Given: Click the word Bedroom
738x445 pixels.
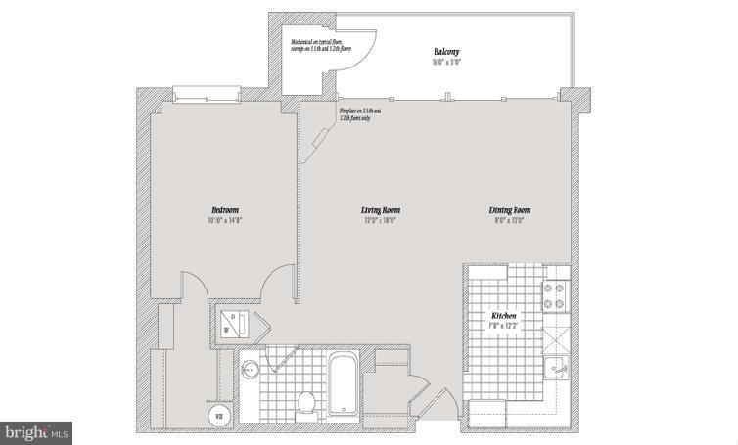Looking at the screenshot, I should [224, 210].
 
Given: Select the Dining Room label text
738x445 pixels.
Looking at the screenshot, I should [511, 210].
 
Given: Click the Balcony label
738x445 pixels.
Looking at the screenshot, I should [447, 51].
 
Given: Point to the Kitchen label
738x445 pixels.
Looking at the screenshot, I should [505, 317].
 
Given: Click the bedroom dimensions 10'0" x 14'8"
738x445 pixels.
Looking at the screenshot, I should [224, 221].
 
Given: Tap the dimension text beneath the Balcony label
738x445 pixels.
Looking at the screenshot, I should [447, 62].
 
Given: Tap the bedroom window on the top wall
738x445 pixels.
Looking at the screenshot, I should [207, 94].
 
